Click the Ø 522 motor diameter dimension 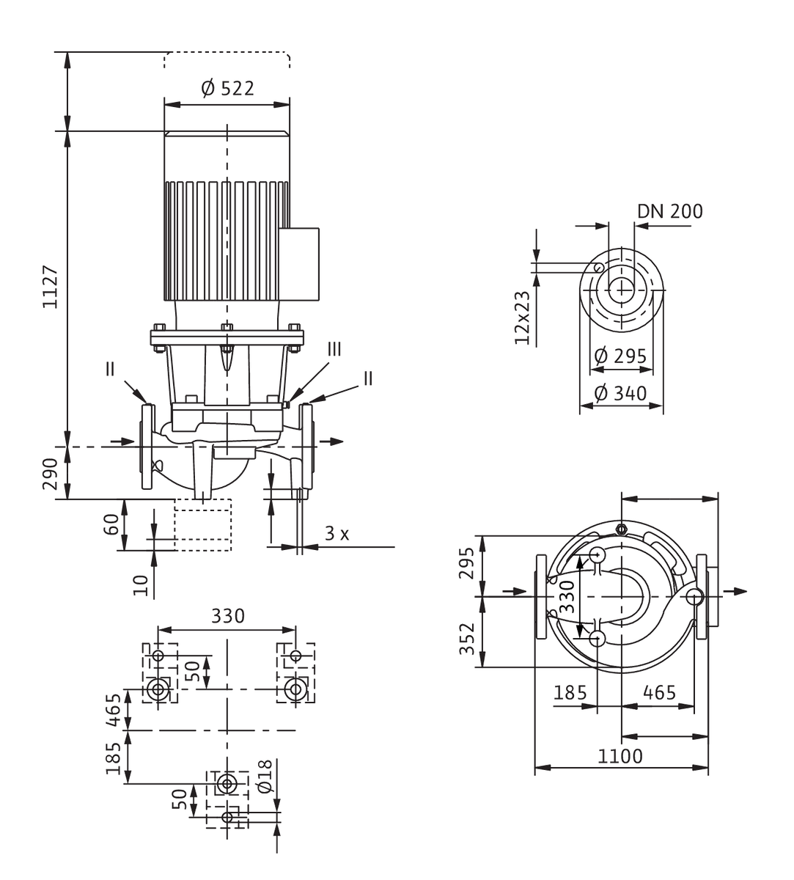click(x=227, y=89)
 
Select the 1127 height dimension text click(x=51, y=287)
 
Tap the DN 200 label click(x=670, y=211)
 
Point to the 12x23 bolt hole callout click(x=522, y=318)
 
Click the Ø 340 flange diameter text click(x=620, y=393)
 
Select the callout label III click(x=334, y=349)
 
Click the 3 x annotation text click(x=337, y=533)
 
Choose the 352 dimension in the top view click(x=467, y=639)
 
